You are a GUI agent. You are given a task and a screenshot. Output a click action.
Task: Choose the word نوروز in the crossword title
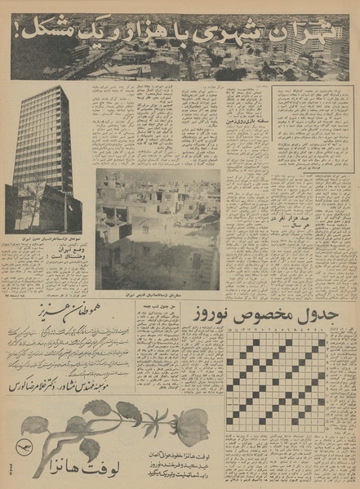(213, 313)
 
